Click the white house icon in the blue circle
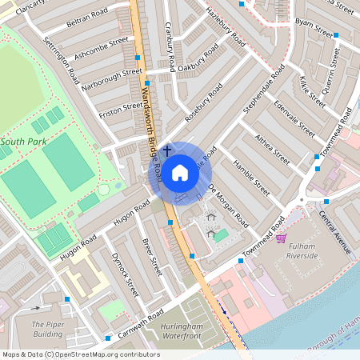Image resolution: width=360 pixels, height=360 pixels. point(180,172)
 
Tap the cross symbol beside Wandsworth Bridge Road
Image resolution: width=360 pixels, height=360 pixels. point(167,150)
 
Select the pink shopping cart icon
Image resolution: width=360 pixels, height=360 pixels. point(281,238)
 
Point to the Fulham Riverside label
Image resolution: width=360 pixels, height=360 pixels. point(302,250)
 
